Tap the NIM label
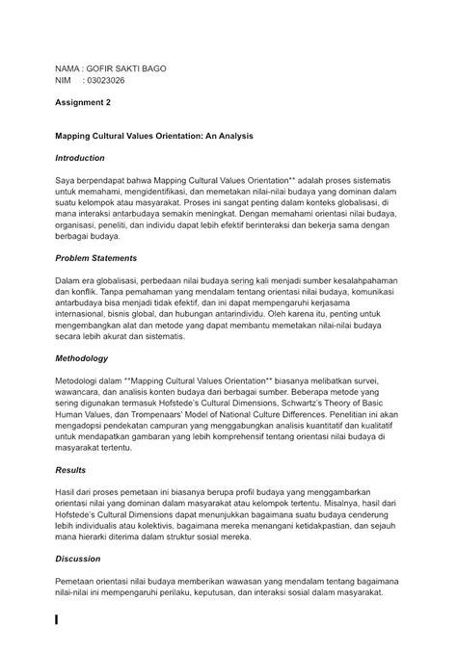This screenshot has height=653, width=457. [x=62, y=82]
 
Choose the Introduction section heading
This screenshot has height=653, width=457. [x=80, y=156]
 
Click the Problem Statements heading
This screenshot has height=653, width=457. [x=95, y=258]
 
